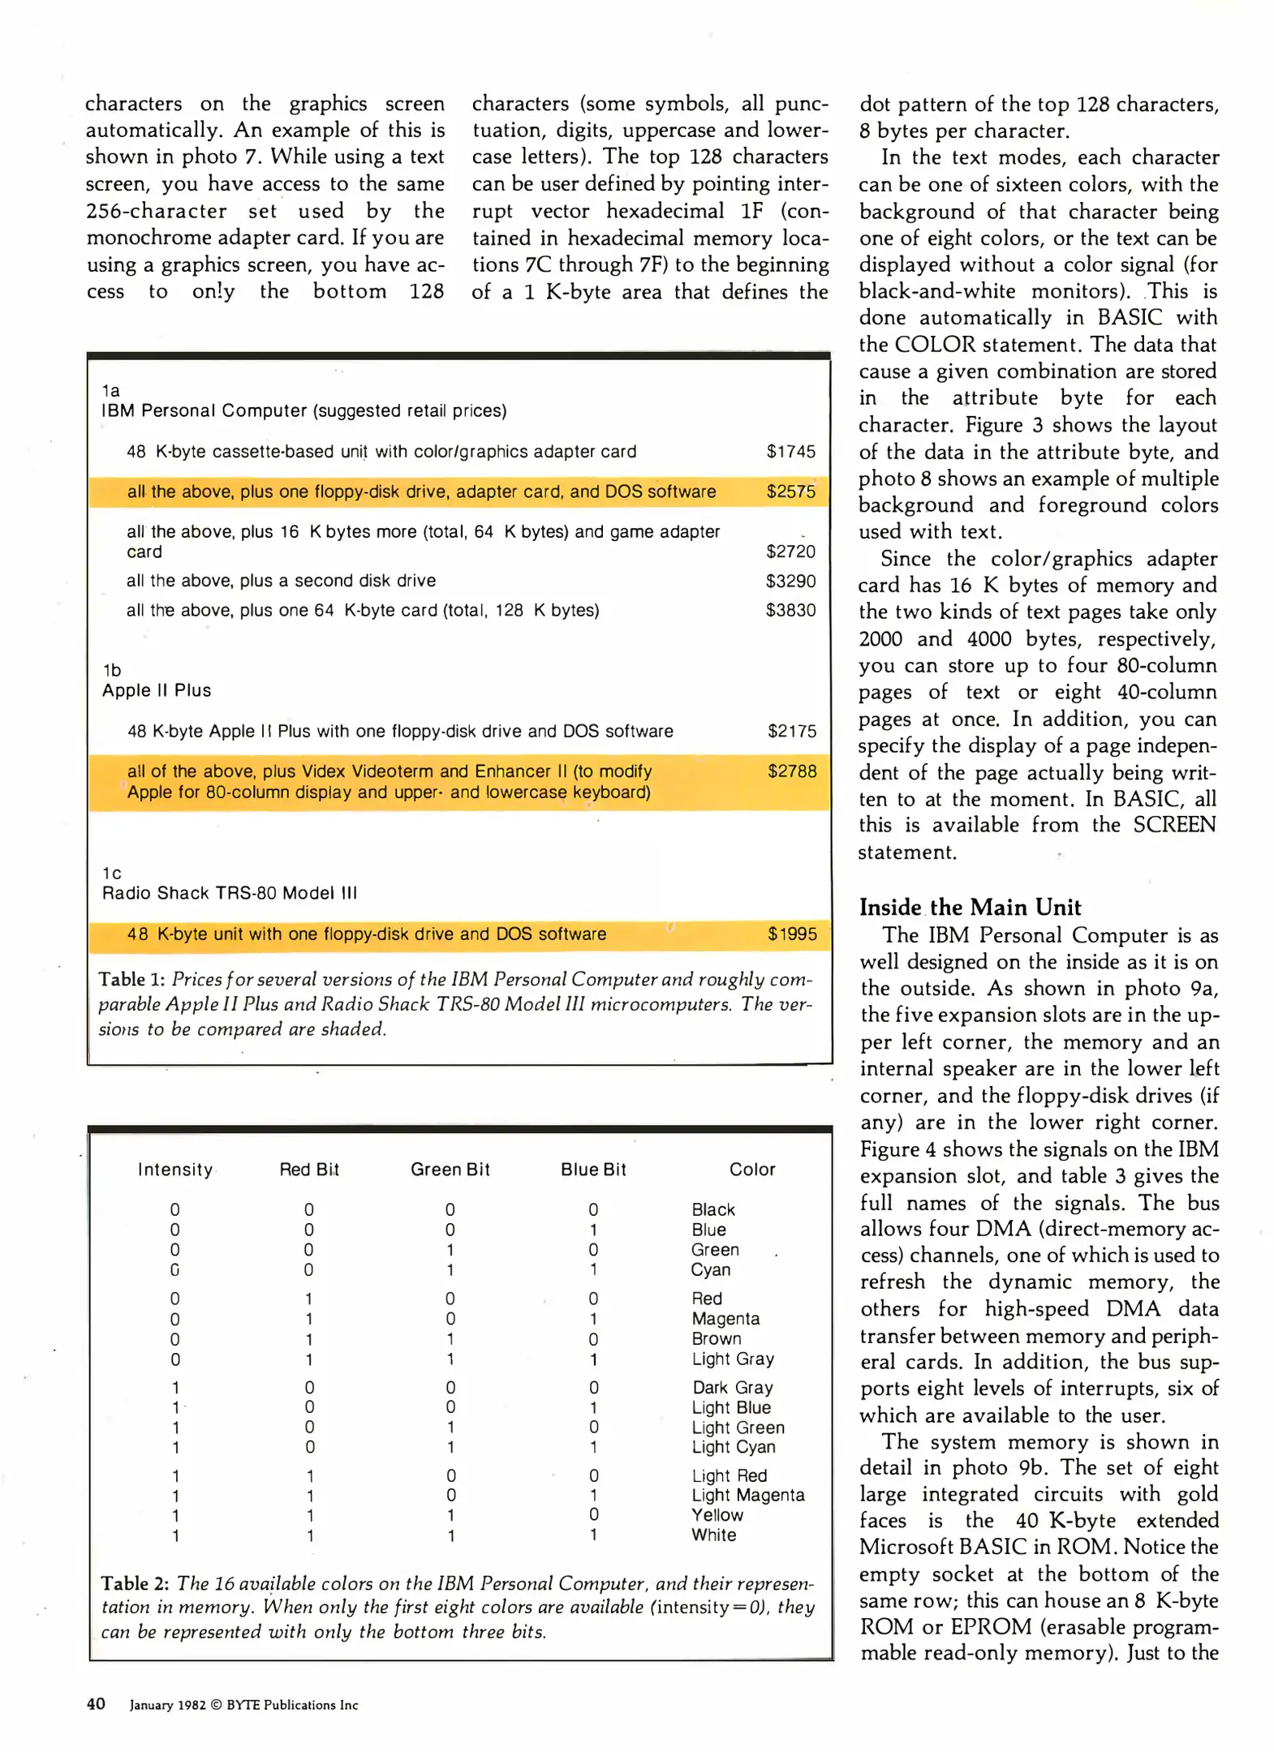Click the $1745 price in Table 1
click(x=790, y=452)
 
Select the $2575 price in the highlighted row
click(x=790, y=492)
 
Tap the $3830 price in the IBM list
click(x=790, y=610)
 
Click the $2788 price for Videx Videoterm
click(x=792, y=771)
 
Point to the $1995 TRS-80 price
click(x=792, y=934)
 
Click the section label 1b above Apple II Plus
click(x=112, y=670)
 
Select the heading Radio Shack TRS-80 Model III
click(x=230, y=893)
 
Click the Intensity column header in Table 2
click(x=175, y=1170)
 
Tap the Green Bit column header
click(x=450, y=1170)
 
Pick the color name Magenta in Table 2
click(x=725, y=1319)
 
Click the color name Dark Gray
click(x=732, y=1388)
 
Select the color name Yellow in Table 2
click(x=717, y=1515)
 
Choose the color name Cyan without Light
click(x=710, y=1270)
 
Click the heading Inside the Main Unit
click(x=970, y=908)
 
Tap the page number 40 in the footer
click(x=96, y=1704)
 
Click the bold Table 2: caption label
click(x=135, y=1583)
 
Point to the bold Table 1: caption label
click(x=132, y=980)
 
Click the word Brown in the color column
click(x=716, y=1339)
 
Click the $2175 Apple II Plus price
click(x=792, y=732)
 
